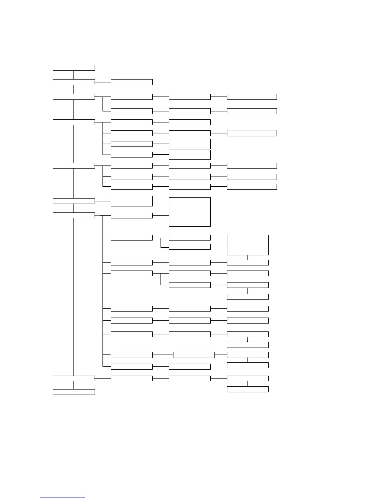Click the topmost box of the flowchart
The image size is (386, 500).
[74, 68]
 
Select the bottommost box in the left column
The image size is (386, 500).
[74, 392]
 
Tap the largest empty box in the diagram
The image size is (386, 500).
[190, 212]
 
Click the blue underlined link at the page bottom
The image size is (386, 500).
[62, 497]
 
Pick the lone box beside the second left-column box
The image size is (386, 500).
[132, 82]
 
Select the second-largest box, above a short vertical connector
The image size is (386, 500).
[248, 245]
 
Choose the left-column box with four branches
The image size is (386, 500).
[74, 122]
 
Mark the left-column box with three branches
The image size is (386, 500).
[74, 166]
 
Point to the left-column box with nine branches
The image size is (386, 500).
[74, 215]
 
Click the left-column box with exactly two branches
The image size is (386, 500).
[74, 97]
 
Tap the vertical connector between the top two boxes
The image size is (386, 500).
[74, 75]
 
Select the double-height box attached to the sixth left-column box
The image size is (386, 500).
[132, 201]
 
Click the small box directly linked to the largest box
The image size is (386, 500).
[132, 216]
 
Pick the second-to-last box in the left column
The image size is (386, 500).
[74, 378]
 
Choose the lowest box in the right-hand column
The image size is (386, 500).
[248, 390]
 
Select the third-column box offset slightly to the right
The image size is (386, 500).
[194, 355]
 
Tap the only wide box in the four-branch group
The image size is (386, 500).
[252, 133]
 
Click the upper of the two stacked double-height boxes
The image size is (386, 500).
[190, 144]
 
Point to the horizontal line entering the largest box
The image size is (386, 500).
[161, 216]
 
